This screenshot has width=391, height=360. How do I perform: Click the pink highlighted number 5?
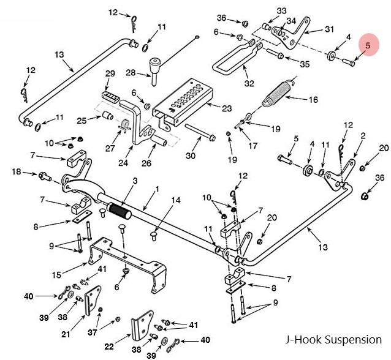[x=368, y=45]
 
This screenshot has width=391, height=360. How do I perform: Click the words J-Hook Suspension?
[x=333, y=339]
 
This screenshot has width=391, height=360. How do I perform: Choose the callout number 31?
[x=329, y=29]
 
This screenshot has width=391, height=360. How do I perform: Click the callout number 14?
[x=177, y=200]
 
